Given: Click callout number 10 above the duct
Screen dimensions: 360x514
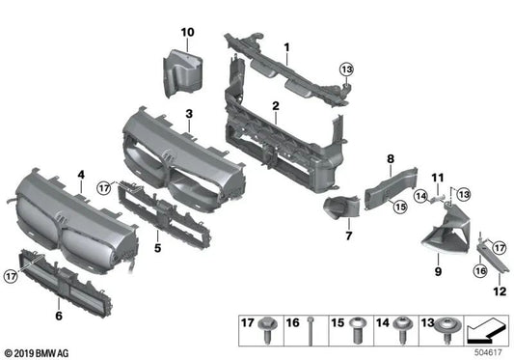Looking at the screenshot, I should [x=187, y=33].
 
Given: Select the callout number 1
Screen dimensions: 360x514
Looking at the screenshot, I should [x=286, y=46].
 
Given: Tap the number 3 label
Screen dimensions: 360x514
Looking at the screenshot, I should [x=189, y=114].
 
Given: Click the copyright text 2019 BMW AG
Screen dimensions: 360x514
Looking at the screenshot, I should [x=39, y=354].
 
